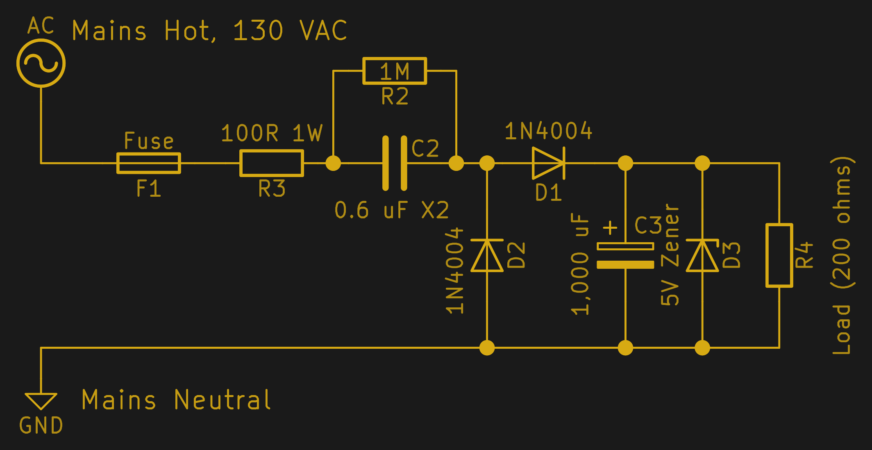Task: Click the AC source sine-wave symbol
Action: coord(41,63)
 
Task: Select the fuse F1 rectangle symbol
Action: coord(148,163)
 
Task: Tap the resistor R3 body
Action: coord(271,163)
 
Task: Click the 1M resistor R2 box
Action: coord(394,71)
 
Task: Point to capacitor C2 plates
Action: coord(395,163)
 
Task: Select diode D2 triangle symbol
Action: coord(487,256)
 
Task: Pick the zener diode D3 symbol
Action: coord(702,256)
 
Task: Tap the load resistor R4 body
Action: coord(779,255)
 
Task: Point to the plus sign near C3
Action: coord(610,227)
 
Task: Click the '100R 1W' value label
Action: coord(272,133)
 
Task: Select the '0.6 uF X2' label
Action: coord(391,210)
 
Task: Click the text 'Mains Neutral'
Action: coord(176,400)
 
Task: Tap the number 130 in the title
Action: coord(258,31)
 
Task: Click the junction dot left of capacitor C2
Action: coord(333,163)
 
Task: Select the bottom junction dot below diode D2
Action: coord(487,348)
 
